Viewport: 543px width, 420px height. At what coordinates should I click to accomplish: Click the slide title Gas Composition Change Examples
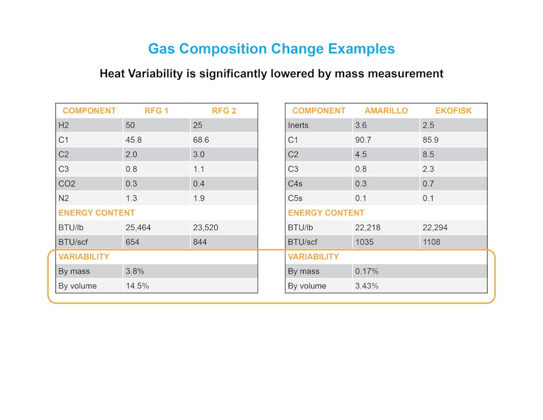[x=271, y=49]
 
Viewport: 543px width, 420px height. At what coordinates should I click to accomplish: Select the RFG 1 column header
[x=156, y=111]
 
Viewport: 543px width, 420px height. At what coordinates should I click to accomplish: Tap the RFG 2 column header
[x=223, y=111]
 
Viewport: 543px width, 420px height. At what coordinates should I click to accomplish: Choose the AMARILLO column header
[x=386, y=111]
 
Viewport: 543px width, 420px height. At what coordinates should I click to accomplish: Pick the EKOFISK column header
[x=453, y=111]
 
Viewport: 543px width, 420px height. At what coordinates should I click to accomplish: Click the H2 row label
[x=63, y=125]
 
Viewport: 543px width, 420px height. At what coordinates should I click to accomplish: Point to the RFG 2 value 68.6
[x=201, y=140]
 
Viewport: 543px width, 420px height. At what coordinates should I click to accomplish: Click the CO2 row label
[x=67, y=184]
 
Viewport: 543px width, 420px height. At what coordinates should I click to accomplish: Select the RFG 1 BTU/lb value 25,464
[x=138, y=228]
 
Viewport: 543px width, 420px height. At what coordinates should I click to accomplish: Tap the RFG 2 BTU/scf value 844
[x=200, y=242]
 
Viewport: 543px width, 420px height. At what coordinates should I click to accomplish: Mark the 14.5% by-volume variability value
[x=137, y=286]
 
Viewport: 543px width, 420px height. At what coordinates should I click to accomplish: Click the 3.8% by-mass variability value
[x=135, y=271]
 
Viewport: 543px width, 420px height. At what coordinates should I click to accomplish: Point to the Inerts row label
[x=298, y=125]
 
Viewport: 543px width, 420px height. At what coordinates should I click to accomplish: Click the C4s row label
[x=296, y=184]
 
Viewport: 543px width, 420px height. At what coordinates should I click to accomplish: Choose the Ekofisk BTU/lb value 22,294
[x=435, y=228]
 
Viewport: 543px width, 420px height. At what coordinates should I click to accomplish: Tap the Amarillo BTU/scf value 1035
[x=364, y=242]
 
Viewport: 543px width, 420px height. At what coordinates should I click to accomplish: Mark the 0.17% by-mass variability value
[x=366, y=271]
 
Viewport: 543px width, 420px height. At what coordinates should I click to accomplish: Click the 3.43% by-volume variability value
[x=366, y=286]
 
